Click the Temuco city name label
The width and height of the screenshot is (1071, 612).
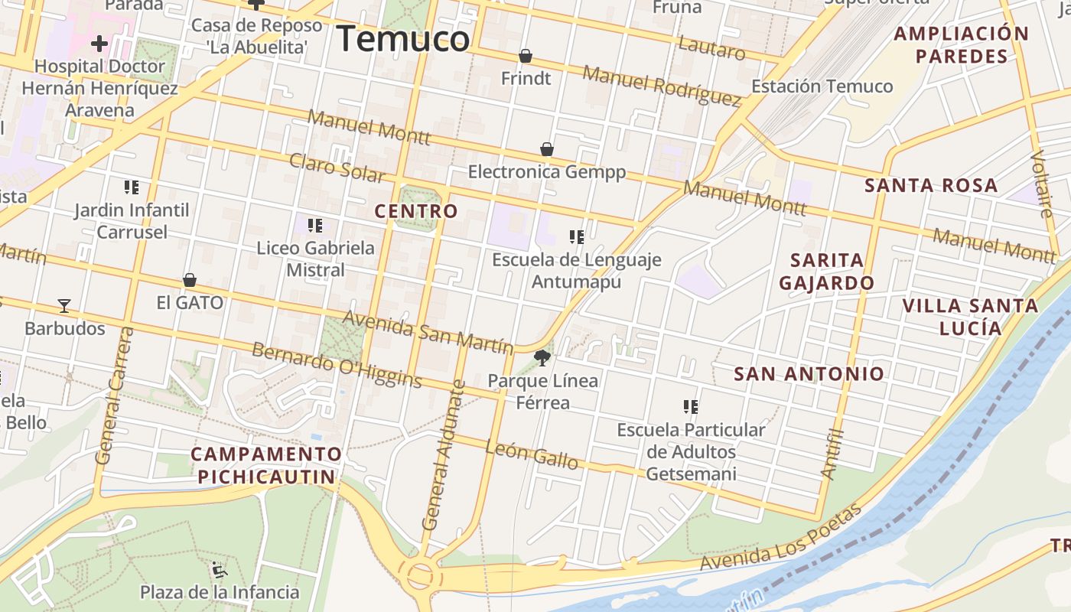pos(402,39)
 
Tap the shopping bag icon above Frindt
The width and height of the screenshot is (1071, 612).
pos(526,56)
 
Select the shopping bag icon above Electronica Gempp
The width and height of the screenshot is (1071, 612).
pos(546,149)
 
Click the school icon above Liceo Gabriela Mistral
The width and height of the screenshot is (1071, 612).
pos(315,226)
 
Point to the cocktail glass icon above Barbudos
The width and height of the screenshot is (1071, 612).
pos(64,306)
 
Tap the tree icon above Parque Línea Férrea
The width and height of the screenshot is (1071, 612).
pos(542,357)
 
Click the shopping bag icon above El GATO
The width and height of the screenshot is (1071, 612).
pos(190,281)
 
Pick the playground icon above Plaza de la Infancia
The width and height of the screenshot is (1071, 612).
pos(220,569)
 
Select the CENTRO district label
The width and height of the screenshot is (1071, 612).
pos(416,211)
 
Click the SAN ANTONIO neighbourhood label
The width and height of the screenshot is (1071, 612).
pos(809,374)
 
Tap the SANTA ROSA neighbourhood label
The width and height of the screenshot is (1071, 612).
pos(931,185)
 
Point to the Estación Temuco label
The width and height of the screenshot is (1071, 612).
pos(822,86)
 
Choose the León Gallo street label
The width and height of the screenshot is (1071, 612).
pos(532,455)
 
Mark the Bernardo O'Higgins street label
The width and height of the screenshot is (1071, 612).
pos(337,364)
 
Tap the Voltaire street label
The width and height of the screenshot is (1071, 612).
pos(1041,184)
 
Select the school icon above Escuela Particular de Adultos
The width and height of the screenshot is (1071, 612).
pos(691,407)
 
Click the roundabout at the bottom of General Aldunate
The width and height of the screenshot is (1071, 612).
pos(420,575)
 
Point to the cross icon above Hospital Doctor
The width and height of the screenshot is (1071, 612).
pos(99,43)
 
